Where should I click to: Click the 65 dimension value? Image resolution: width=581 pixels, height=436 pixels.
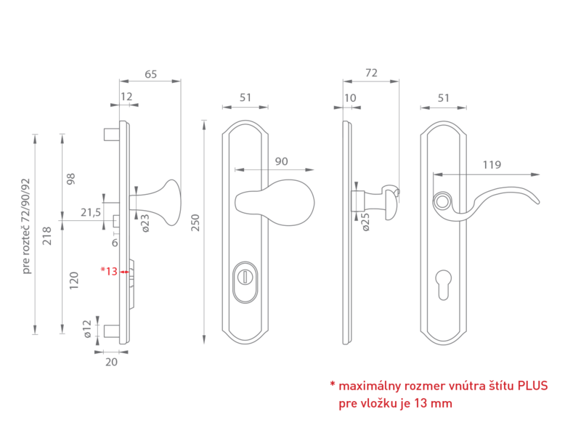coord(150,74)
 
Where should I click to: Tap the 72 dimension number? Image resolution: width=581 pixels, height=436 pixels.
coord(371,73)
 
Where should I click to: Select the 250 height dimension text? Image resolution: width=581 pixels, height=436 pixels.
coord(195,222)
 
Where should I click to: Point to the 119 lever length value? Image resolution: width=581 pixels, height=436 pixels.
coord(492,165)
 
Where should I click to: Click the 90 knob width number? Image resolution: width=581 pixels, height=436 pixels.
coord(281,161)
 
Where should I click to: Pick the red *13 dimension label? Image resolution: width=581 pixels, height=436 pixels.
coord(109,271)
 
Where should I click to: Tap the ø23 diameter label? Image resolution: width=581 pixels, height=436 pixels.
coord(145,223)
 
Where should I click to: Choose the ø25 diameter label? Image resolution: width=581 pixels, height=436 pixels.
coord(365,222)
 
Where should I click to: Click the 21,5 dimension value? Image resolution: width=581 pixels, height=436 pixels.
coord(91,212)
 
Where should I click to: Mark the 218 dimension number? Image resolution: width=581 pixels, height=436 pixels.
coord(47,235)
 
